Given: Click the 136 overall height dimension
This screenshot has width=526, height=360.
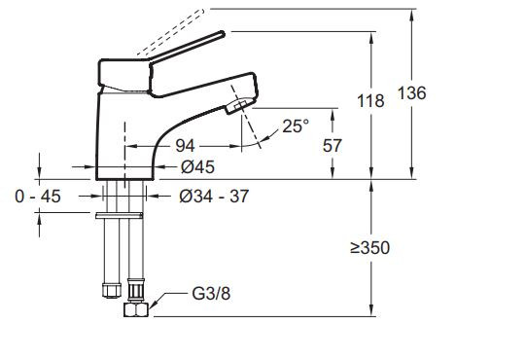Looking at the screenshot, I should point(440,92).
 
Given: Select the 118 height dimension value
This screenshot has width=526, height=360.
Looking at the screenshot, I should point(370,100).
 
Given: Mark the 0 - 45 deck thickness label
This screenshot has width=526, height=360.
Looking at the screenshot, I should point(40,196).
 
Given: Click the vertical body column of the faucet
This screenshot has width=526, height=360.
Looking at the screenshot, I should point(121,136).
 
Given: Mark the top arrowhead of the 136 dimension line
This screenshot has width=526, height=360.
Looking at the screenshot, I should point(415,12).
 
